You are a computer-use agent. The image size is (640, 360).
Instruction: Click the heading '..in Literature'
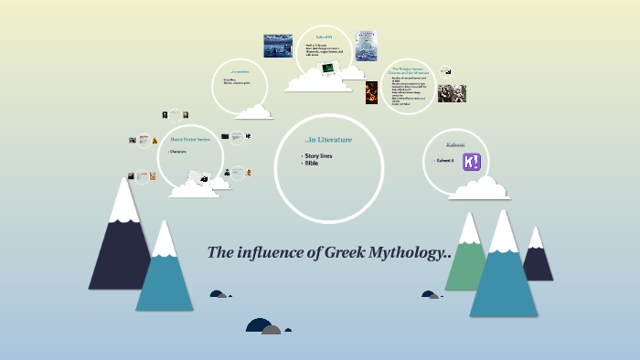[x=328, y=140]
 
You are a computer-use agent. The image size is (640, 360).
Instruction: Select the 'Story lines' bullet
[x=318, y=156]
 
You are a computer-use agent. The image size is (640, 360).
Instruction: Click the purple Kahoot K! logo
[x=474, y=164]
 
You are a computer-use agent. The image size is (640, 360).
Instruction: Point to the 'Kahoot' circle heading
[x=454, y=144]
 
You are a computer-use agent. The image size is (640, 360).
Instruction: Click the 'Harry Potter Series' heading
[x=190, y=140]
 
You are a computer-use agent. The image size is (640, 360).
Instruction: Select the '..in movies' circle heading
[x=240, y=71]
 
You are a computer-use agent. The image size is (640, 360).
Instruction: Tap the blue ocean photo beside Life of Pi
[x=278, y=46]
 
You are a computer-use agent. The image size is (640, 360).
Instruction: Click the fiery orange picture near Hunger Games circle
[x=371, y=92]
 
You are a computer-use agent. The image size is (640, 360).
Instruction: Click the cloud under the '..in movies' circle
[x=253, y=111]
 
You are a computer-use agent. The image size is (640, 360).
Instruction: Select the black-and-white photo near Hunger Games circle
[x=452, y=92]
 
